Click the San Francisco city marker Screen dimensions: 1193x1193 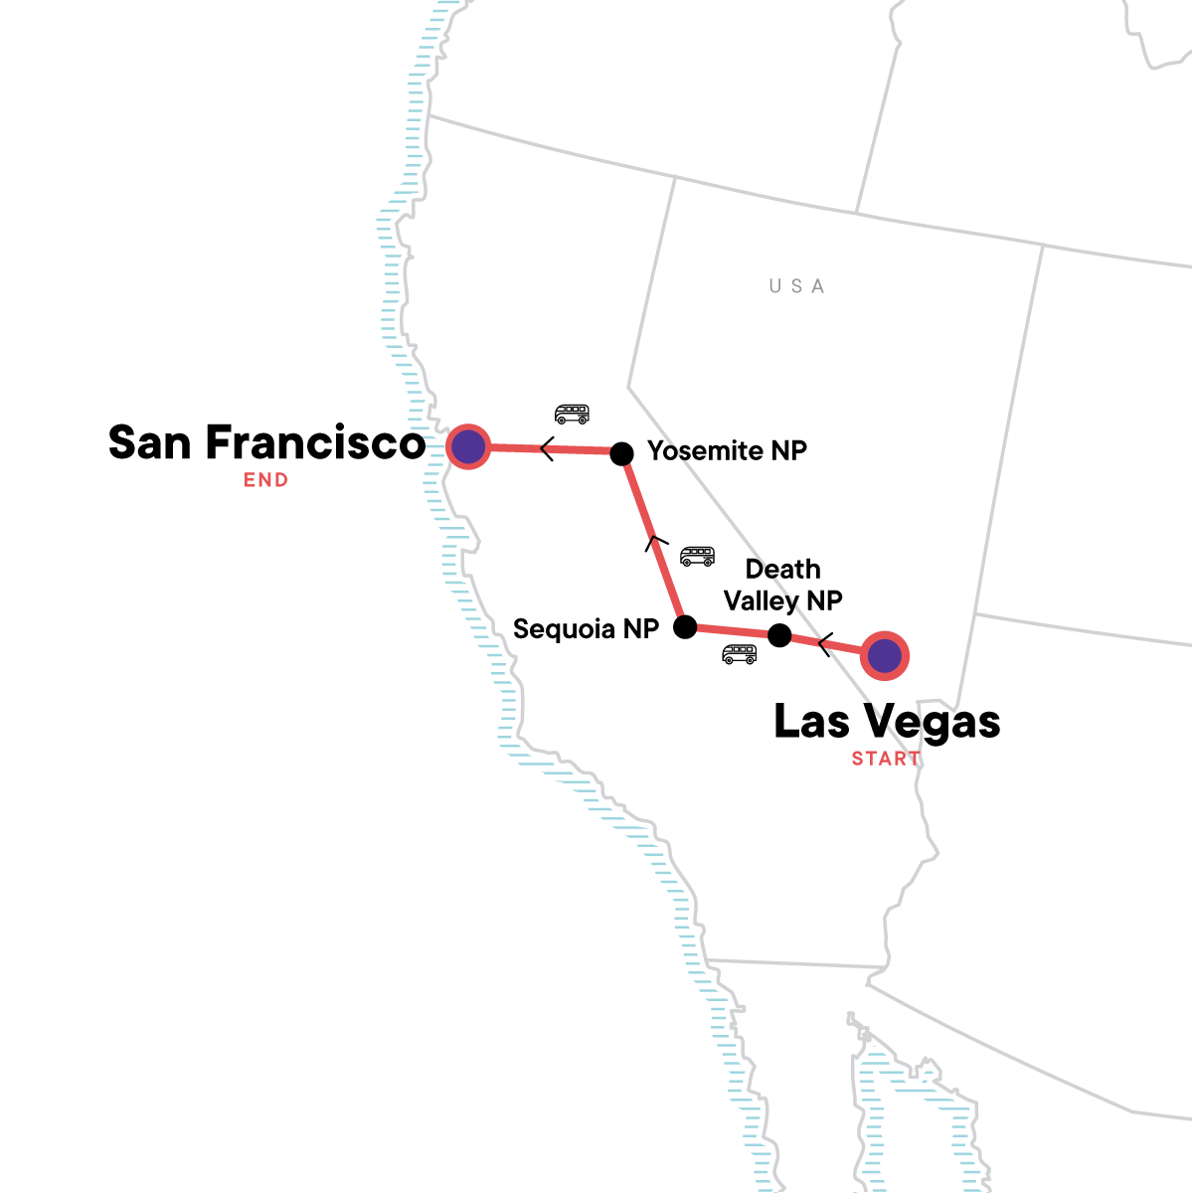468,447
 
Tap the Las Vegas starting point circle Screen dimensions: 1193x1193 884,655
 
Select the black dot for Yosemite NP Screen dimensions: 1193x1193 621,453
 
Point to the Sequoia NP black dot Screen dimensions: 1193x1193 685,626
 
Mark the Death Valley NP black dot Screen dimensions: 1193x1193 780,635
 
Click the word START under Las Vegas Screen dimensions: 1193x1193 886,759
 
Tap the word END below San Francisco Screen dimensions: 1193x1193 266,480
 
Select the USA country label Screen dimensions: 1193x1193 796,286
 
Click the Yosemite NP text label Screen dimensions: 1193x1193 727,451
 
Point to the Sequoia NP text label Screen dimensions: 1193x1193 586,628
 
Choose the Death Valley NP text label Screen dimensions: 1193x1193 783,585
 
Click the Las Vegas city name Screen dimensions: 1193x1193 887,722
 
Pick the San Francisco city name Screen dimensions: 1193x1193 266,443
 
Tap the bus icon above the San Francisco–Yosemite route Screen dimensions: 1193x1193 572,414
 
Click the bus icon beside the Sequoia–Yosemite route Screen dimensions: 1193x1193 697,556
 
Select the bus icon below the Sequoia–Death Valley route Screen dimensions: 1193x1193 739,654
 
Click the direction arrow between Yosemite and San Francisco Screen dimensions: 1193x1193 546,449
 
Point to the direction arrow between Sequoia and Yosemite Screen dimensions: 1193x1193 651,542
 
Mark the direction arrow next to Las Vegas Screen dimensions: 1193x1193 823,645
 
